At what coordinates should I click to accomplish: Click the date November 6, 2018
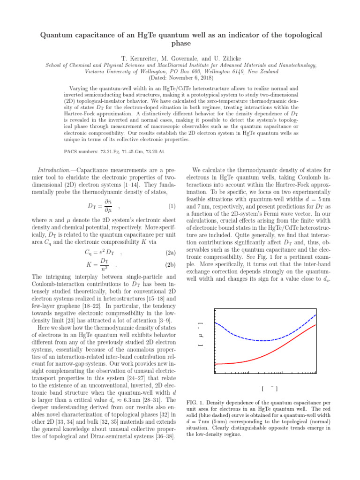(x=186, y=78)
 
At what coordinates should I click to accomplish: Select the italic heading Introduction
(x=53, y=171)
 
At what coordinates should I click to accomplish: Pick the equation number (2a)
(x=170, y=253)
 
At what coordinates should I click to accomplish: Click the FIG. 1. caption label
(x=196, y=403)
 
